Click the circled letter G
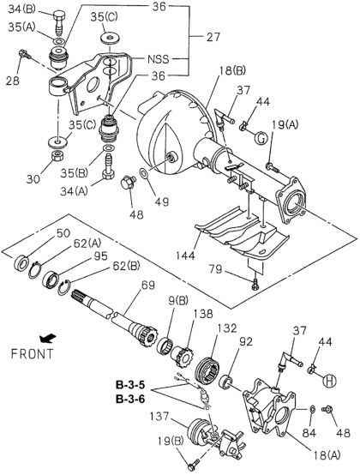click(x=261, y=138)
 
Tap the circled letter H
click(x=329, y=381)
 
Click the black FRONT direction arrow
click(x=48, y=338)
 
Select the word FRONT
click(x=32, y=353)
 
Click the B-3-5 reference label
click(x=130, y=385)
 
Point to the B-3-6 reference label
click(x=130, y=400)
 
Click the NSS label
click(x=158, y=59)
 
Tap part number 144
click(x=185, y=256)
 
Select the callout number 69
click(x=147, y=285)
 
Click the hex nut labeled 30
click(x=57, y=156)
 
